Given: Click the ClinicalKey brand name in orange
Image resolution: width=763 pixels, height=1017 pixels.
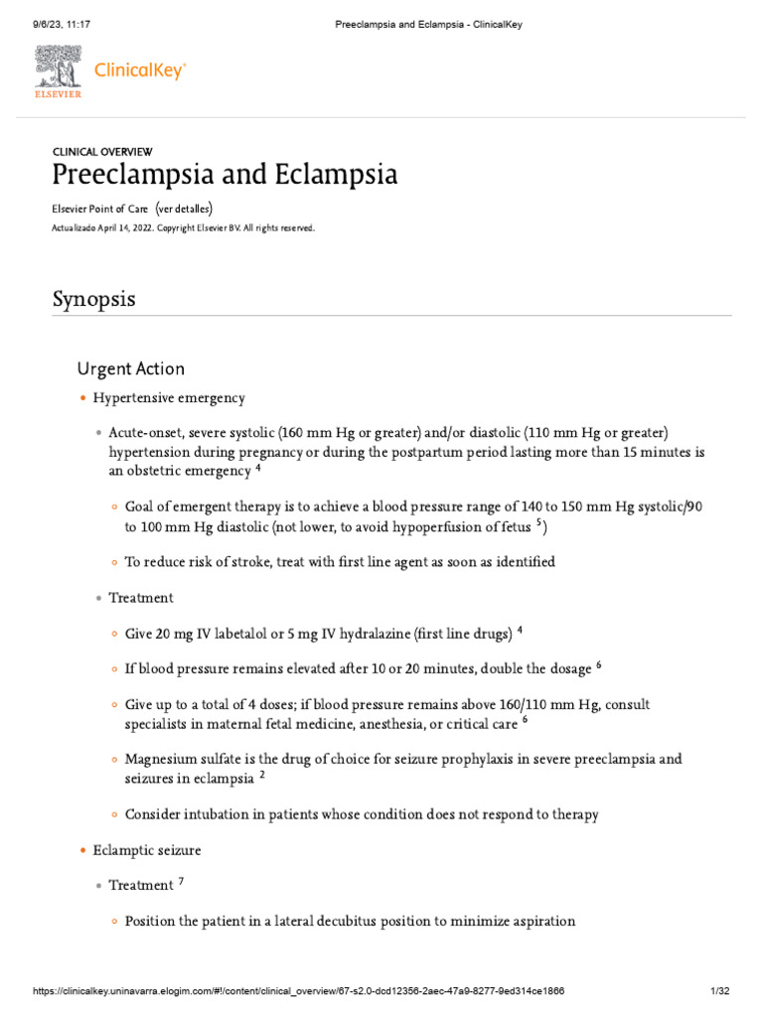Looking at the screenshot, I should point(139,71).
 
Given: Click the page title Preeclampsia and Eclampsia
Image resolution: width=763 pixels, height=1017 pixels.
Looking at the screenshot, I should point(225,176).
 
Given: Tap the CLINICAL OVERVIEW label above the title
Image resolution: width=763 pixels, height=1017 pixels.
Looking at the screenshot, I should point(102,152).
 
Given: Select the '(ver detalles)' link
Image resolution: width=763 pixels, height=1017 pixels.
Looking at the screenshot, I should point(185,209).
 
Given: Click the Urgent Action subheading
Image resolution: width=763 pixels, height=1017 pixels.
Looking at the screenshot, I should point(130,368).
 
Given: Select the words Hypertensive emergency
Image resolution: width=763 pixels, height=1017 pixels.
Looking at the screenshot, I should point(169,398).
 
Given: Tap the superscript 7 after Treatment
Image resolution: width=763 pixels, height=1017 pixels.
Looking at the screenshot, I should point(181,881).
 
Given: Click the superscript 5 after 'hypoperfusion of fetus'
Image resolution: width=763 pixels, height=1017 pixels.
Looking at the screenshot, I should point(539,522).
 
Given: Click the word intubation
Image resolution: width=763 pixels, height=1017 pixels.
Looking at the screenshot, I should point(219,814).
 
